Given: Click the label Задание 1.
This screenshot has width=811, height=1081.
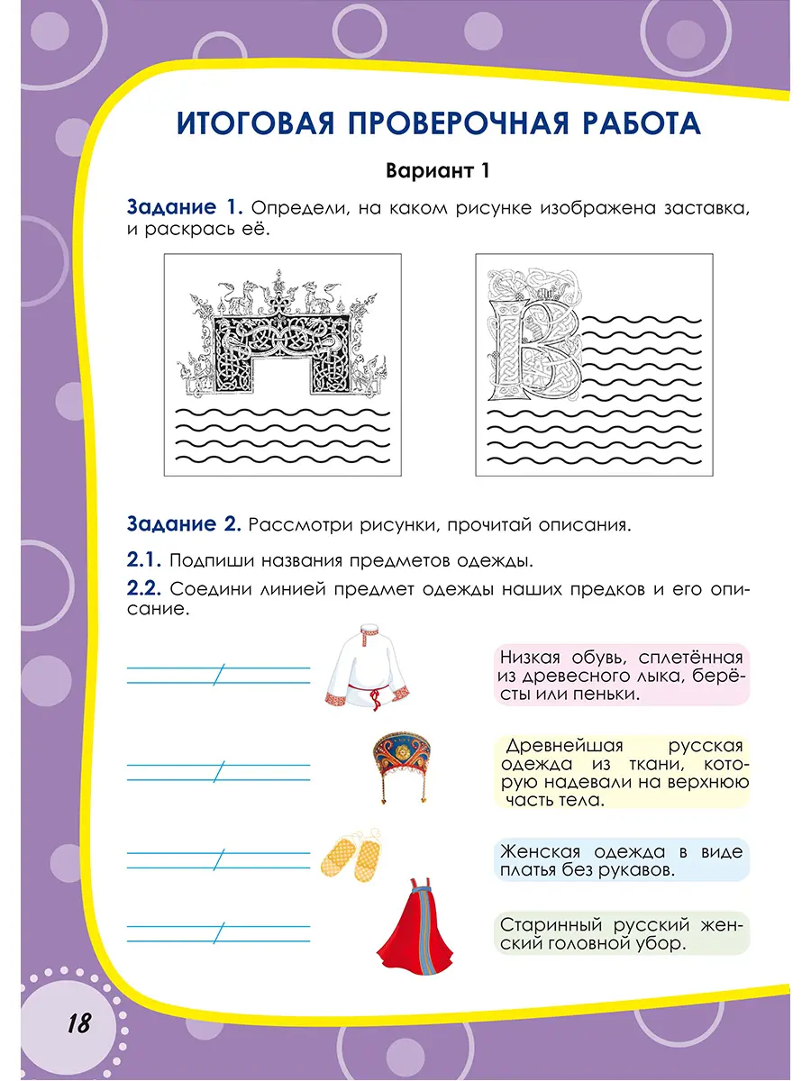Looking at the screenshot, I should click(x=186, y=208).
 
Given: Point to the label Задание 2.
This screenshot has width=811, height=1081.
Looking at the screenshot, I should click(x=184, y=523).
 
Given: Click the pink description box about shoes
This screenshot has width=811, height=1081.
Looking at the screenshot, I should click(x=622, y=676).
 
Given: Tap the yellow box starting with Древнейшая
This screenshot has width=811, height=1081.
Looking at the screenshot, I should click(x=622, y=772).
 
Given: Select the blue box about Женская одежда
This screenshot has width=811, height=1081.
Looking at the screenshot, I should click(x=622, y=861).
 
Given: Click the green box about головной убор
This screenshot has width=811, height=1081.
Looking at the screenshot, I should click(x=622, y=934).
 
